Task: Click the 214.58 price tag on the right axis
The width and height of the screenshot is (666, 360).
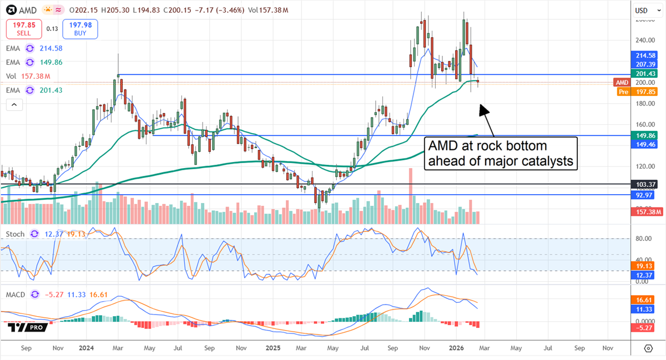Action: point(646,55)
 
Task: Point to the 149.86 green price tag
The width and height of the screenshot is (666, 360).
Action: point(646,135)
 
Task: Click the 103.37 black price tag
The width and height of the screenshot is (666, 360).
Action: point(646,184)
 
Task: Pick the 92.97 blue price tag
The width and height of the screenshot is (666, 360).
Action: point(646,195)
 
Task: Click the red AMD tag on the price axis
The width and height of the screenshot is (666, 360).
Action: point(622,82)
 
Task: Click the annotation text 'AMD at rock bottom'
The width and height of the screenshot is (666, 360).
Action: point(487,146)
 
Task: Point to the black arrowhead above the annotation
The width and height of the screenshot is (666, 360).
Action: point(483,109)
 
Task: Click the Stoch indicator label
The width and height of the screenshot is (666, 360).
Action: point(16,234)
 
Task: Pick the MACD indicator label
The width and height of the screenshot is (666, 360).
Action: point(16,294)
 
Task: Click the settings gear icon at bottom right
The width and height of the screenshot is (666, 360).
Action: point(648,348)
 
